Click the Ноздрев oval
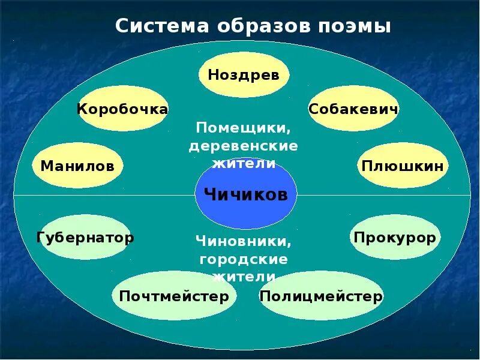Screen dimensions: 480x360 pos(244,74)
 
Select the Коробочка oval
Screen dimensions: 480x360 pos(122,109)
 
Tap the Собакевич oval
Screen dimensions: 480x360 pos(353,109)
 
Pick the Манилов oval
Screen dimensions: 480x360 pos(77,166)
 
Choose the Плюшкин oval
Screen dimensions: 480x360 pos(403,166)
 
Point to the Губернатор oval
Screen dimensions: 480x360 pos(85,238)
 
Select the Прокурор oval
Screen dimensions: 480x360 pos(395,238)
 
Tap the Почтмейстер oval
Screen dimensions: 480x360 pos(174,296)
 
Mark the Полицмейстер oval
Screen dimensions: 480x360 pos(320,296)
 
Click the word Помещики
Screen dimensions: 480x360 pos(243,128)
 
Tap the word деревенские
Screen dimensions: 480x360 pos(243,146)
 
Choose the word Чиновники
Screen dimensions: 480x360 pos(243,241)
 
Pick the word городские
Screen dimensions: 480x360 pos(243,259)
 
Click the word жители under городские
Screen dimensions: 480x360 pos(243,277)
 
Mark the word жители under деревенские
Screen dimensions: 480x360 pos(243,163)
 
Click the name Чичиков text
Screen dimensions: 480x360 pos(245,194)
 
